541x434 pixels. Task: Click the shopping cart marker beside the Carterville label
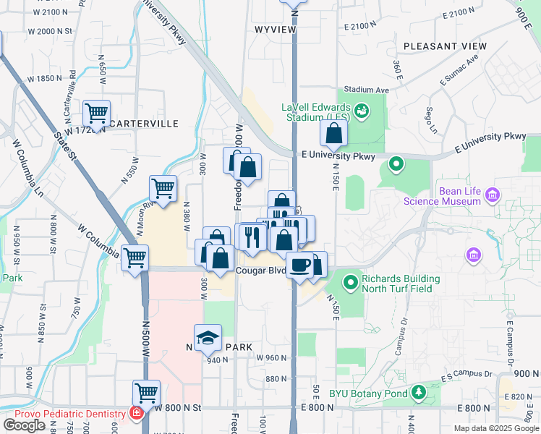coord(96,113)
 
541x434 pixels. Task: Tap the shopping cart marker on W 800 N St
coord(146,393)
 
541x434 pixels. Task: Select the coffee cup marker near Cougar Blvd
coord(299,265)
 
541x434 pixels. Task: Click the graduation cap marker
coord(208,338)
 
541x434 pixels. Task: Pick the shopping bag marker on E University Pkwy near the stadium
coord(333,133)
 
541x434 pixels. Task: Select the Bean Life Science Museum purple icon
coord(493,194)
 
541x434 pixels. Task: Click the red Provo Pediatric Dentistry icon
coord(136,413)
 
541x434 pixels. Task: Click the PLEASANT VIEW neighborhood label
coord(445,46)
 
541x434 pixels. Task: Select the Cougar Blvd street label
coord(261,271)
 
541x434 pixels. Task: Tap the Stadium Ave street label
coord(367,90)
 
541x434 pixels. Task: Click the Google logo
coord(24,425)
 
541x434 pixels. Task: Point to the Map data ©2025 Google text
coord(495,428)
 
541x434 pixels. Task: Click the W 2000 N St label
coord(50,31)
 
